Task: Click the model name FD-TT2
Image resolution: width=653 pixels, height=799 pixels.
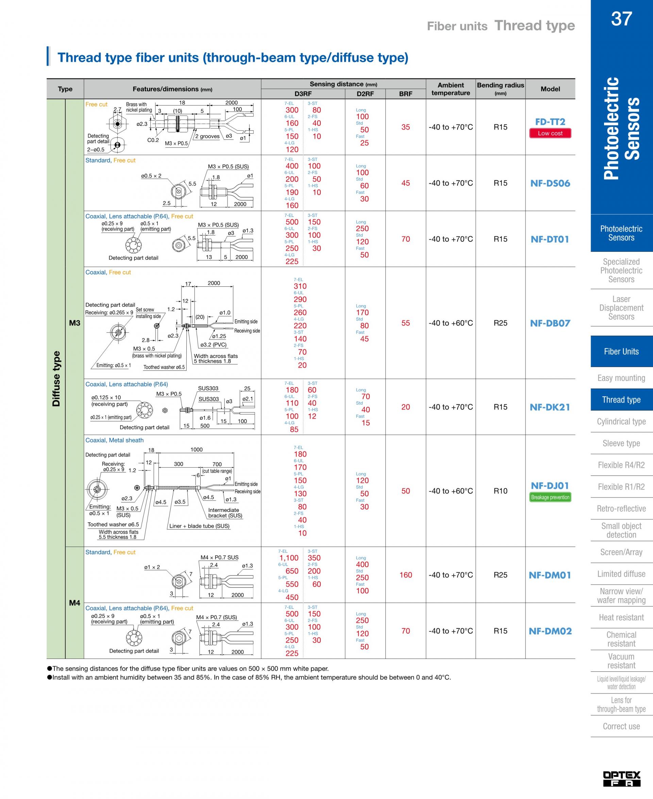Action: (x=550, y=122)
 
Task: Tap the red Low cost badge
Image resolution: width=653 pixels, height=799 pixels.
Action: (x=550, y=133)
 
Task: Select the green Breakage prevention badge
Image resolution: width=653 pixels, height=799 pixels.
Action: (x=550, y=497)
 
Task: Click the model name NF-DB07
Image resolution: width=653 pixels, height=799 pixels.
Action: (x=550, y=323)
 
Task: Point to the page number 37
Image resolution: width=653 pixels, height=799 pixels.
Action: (x=621, y=18)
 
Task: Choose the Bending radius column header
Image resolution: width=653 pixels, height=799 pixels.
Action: (x=500, y=89)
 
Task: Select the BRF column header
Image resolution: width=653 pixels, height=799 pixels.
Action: (x=405, y=94)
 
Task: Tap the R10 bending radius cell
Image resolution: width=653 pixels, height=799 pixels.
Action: (x=500, y=491)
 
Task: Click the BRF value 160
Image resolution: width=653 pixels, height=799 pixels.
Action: (x=405, y=575)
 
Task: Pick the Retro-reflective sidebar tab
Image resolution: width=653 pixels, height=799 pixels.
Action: (x=621, y=509)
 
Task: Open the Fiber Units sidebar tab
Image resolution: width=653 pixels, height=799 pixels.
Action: (x=621, y=351)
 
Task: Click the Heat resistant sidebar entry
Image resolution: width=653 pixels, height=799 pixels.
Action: (x=621, y=617)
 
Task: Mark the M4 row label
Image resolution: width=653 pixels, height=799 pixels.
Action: (x=74, y=603)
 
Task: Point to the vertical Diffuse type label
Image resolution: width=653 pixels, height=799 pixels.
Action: (x=56, y=379)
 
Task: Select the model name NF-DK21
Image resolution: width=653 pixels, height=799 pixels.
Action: (x=550, y=407)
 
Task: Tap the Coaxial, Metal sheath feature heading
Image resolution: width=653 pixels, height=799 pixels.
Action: (x=114, y=440)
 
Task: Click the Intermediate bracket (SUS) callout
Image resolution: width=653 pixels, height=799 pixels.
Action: (x=225, y=513)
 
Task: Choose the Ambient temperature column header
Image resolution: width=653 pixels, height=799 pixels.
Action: (x=451, y=89)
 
